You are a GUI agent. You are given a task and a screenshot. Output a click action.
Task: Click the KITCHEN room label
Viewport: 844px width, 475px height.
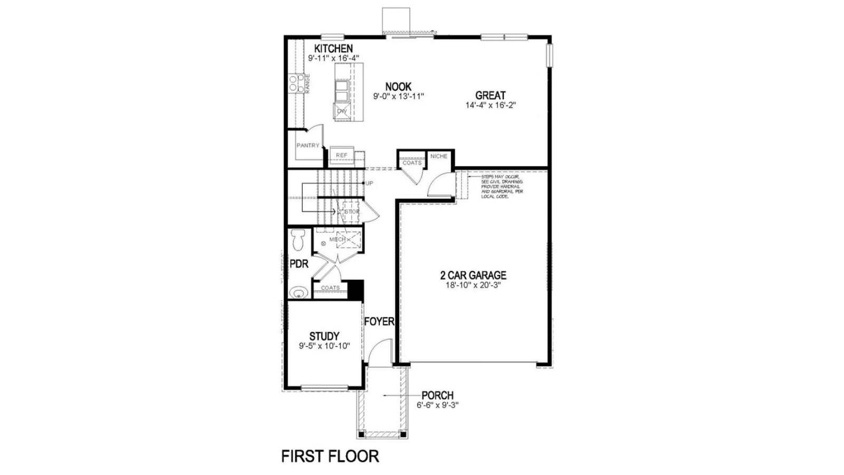333,49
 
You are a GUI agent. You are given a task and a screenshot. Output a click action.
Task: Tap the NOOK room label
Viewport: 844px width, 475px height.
398,87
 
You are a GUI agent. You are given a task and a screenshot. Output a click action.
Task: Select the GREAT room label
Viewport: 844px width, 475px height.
490,96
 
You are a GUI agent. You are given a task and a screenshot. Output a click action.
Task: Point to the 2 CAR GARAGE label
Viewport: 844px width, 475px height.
473,275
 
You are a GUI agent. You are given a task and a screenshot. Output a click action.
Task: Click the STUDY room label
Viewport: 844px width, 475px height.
324,336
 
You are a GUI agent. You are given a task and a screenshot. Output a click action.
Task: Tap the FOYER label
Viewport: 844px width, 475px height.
379,321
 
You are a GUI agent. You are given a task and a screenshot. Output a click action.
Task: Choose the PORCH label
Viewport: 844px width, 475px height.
437,395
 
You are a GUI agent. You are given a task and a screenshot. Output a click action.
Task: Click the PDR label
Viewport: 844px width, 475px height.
299,264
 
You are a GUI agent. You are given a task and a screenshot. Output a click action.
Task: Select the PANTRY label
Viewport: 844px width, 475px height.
308,145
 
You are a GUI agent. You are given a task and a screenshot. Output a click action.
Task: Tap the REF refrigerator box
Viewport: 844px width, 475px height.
342,155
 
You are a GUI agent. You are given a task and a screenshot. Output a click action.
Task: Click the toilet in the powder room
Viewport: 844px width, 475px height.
298,240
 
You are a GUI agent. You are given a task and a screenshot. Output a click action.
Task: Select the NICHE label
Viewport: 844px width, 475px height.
438,156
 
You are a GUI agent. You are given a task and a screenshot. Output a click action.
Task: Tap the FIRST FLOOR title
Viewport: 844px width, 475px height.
330,456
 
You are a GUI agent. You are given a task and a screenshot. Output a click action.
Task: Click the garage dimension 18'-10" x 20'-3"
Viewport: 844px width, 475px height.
473,285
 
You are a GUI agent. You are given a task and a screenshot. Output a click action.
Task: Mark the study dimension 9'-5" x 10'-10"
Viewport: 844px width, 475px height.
324,346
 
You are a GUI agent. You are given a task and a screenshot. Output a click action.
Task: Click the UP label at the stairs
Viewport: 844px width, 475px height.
369,183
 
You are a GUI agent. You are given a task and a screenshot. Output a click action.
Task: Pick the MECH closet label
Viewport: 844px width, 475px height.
337,239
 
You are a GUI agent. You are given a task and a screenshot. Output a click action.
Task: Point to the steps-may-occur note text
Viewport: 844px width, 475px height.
502,186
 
